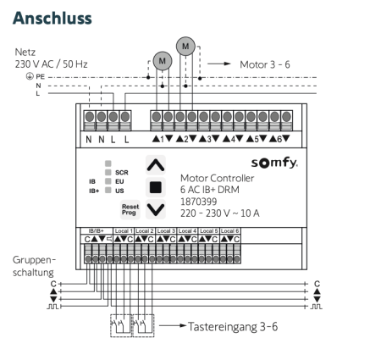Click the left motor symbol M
[161, 60]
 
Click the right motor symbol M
[187, 44]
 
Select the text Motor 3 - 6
[268, 63]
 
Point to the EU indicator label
[119, 180]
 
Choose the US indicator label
[119, 191]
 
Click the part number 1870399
[200, 202]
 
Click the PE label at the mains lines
[40, 75]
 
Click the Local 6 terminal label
[230, 230]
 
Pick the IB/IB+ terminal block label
[95, 230]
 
